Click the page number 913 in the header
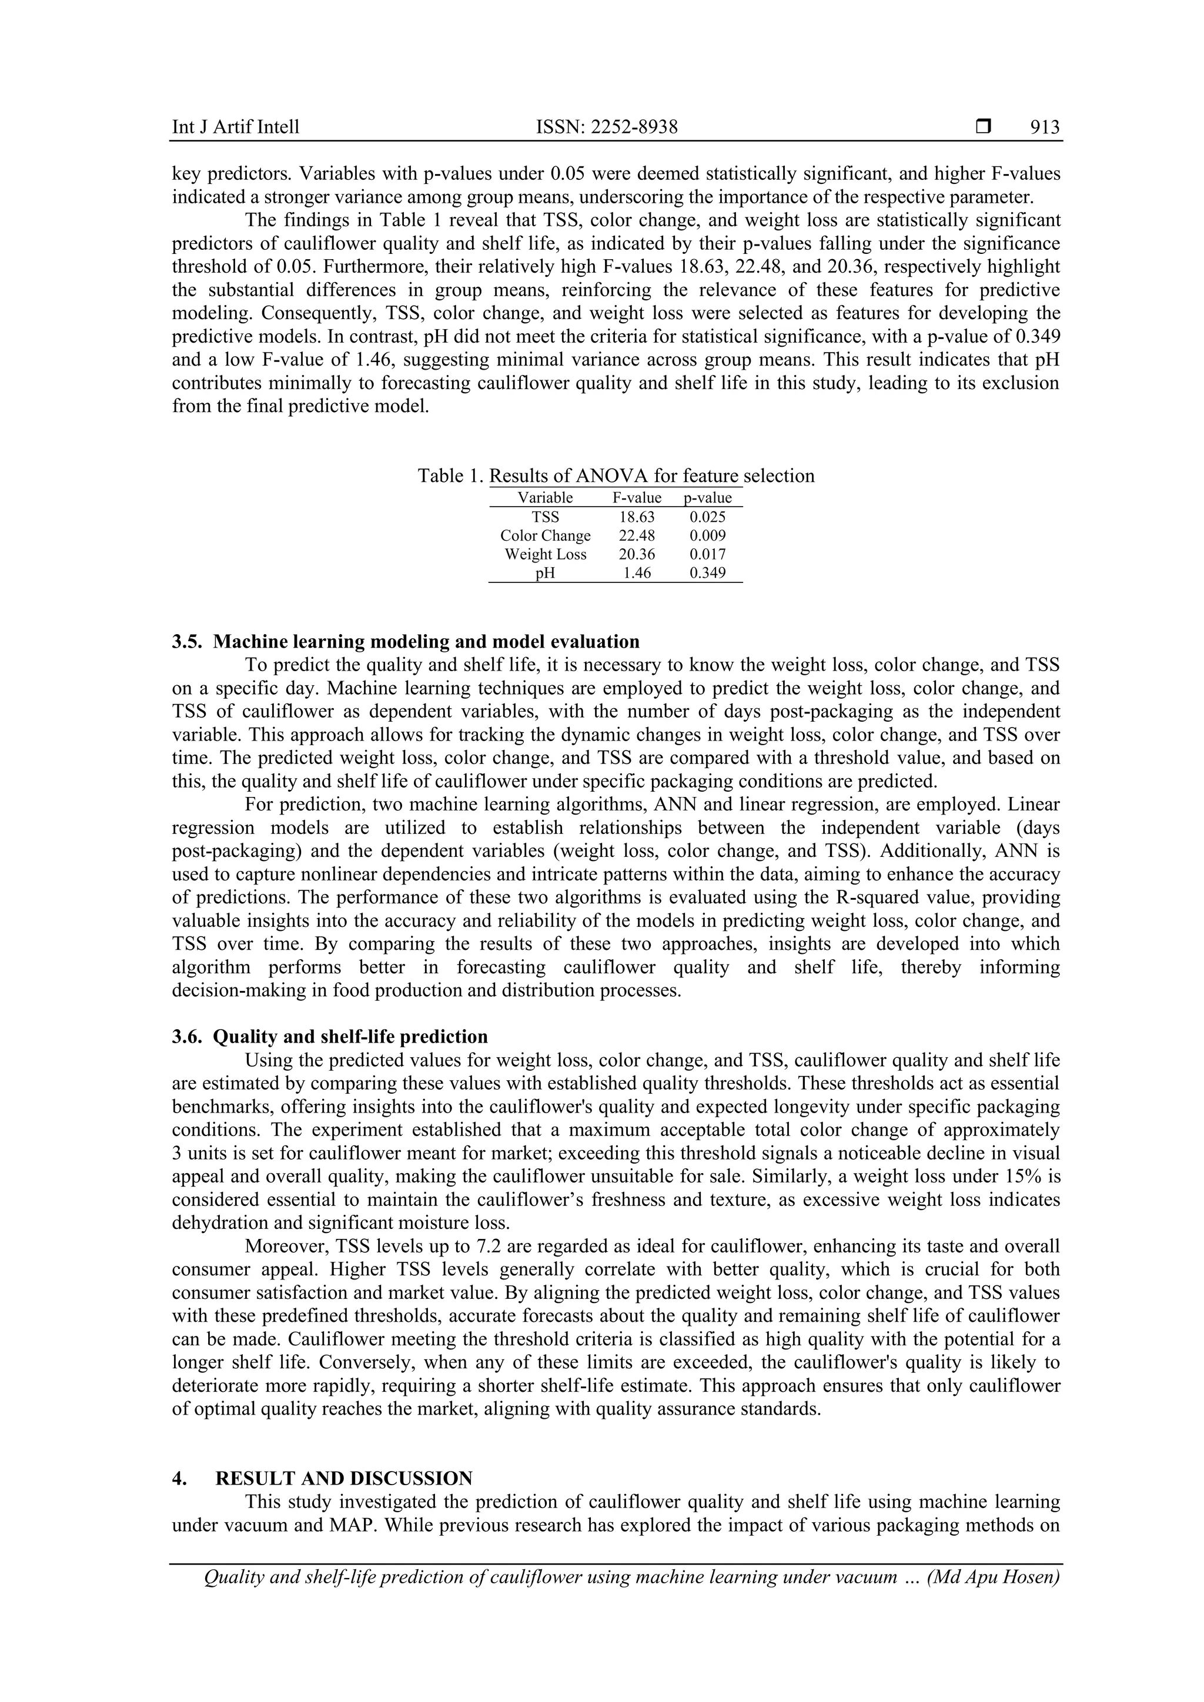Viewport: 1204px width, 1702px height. [x=1045, y=128]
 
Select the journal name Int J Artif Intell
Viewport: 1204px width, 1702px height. [x=236, y=128]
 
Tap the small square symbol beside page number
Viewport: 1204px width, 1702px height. [x=983, y=127]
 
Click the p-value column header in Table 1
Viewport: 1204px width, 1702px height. [x=707, y=497]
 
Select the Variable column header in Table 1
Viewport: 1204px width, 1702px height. [x=545, y=497]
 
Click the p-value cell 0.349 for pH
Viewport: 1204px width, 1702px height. [x=707, y=572]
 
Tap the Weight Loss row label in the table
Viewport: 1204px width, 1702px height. [x=545, y=554]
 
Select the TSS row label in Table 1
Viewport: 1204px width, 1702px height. [x=545, y=517]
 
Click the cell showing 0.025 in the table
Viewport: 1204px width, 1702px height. [x=707, y=517]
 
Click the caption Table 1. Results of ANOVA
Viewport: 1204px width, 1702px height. [x=616, y=476]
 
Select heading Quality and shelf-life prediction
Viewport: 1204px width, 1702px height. [x=350, y=1036]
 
